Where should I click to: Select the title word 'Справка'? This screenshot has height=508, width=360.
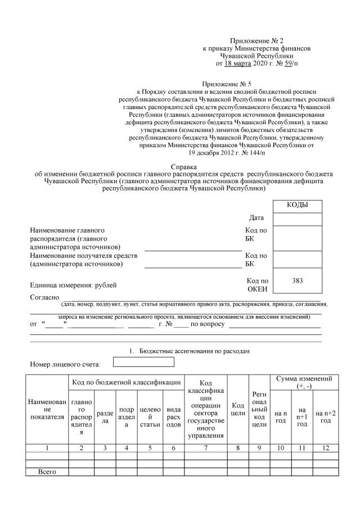[x=183, y=167]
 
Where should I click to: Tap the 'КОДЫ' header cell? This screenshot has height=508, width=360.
[x=297, y=206]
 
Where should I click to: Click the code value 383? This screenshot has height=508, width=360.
[x=298, y=280]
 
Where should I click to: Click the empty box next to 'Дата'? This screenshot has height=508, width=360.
[x=297, y=219]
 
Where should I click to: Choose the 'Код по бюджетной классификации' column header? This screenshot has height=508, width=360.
[x=126, y=383]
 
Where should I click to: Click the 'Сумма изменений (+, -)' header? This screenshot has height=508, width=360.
[x=304, y=382]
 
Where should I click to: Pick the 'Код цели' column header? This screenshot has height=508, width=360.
[x=238, y=410]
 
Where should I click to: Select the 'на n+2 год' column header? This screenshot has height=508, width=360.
[x=325, y=417]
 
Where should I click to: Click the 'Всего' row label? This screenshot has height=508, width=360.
[x=47, y=471]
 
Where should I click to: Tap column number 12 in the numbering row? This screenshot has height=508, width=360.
[x=325, y=448]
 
